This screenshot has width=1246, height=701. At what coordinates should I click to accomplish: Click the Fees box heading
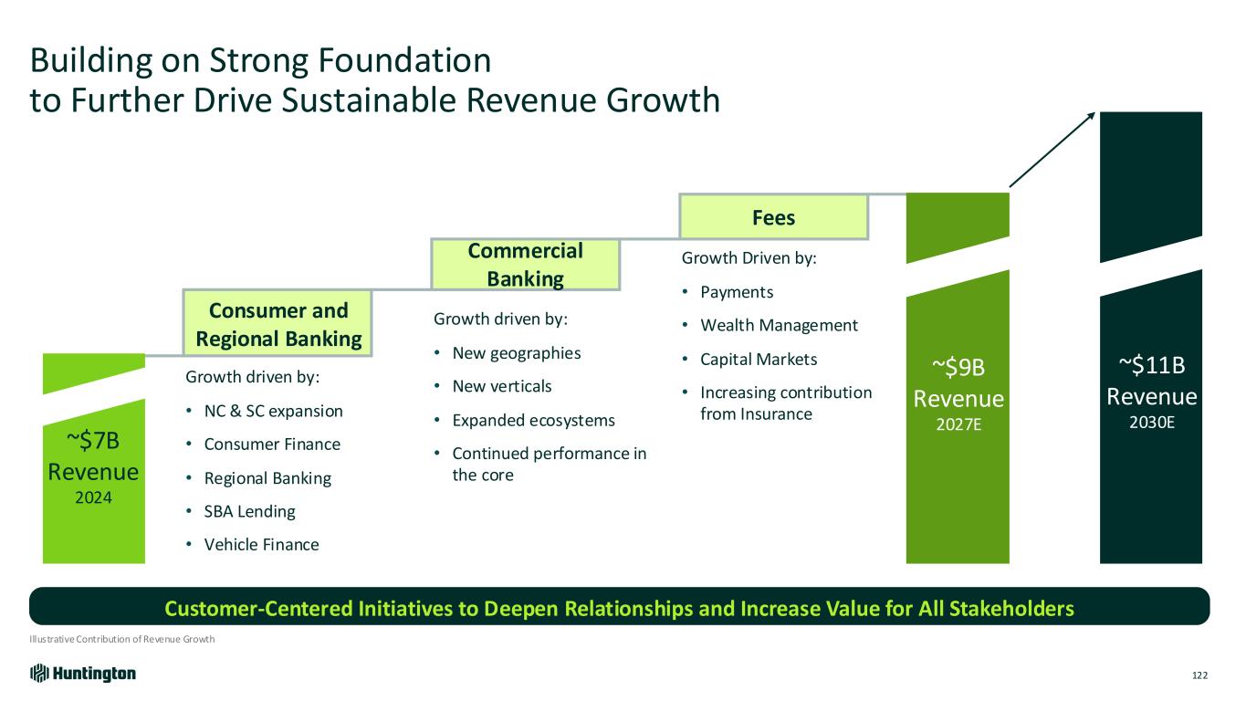773,217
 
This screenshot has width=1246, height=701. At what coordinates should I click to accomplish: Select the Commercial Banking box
525,265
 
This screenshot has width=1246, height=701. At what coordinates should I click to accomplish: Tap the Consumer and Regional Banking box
277,323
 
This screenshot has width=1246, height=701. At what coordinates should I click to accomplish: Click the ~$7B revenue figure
93,441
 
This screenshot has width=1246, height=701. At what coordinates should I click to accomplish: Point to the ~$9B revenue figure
958,367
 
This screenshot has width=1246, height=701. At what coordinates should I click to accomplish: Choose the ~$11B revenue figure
1151,365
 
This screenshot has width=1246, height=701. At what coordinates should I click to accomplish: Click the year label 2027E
958,424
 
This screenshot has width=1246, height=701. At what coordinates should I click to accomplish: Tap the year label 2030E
1151,423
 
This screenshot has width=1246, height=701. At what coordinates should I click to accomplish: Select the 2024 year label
93,497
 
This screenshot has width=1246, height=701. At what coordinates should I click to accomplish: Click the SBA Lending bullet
250,511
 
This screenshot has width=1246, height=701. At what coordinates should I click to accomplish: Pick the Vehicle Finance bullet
261,545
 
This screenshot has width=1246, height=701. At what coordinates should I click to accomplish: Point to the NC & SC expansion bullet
273,411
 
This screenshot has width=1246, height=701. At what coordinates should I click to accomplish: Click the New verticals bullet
502,386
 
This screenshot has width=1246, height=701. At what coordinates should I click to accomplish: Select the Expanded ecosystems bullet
533,420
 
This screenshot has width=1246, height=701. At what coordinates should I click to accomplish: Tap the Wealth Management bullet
779,326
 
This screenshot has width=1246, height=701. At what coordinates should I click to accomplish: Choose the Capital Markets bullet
759,360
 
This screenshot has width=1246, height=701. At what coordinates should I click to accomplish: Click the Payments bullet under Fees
737,292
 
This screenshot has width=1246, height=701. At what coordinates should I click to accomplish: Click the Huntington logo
83,674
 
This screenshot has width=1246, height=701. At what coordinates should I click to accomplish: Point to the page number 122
1199,675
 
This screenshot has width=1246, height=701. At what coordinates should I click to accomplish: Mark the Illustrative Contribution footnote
121,639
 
